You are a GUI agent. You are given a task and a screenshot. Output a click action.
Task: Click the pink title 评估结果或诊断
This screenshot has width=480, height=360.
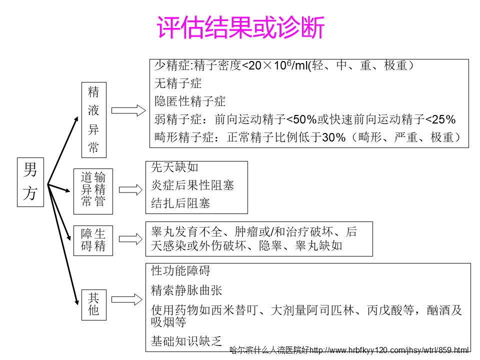pyautogui.click(x=240, y=27)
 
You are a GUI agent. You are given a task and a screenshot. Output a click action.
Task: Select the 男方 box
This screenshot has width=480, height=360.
pyautogui.click(x=30, y=182)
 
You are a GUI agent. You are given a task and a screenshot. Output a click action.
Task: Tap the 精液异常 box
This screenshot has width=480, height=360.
pyautogui.click(x=94, y=120)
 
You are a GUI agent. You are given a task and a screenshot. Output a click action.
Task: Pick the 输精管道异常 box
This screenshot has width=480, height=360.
pyautogui.click(x=93, y=191)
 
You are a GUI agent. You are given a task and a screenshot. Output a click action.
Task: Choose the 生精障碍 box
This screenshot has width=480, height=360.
pyautogui.click(x=93, y=240)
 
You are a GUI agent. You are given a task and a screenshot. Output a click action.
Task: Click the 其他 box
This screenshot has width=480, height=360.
pyautogui.click(x=94, y=305)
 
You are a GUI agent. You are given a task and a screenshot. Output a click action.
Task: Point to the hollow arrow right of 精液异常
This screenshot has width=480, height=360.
pyautogui.click(x=128, y=110)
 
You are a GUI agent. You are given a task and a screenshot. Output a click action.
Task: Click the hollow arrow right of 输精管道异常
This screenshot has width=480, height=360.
pyautogui.click(x=130, y=190)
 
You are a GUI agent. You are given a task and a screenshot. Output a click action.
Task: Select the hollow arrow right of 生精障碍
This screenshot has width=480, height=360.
pyautogui.click(x=130, y=239)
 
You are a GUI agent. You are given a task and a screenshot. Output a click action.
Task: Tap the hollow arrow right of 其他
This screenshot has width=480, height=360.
pyautogui.click(x=126, y=299)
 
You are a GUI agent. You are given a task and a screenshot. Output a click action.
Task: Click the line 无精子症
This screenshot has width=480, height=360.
pyautogui.click(x=178, y=83)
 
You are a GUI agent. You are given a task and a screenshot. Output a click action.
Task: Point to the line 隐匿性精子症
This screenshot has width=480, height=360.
pyautogui.click(x=190, y=101)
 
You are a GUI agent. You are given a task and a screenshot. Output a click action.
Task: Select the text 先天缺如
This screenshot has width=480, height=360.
pyautogui.click(x=174, y=167)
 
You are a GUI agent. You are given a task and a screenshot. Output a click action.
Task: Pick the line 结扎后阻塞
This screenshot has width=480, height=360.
pyautogui.click(x=180, y=203)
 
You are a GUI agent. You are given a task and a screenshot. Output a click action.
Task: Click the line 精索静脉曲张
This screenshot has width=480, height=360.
pyautogui.click(x=186, y=290)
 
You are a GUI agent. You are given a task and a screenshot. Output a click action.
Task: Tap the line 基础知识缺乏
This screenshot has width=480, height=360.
pyautogui.click(x=186, y=341)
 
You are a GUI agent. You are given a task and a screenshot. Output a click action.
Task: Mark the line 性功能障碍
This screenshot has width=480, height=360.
pyautogui.click(x=180, y=270)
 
